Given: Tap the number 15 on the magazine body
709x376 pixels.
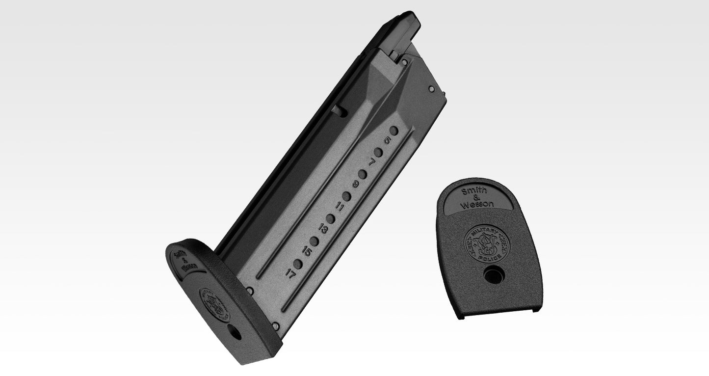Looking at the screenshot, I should click(307, 252).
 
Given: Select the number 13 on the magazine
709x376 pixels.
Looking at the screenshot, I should click(323, 229).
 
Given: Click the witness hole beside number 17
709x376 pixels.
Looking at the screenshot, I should click(298, 263).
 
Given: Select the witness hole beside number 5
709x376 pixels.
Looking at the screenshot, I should click(394, 131).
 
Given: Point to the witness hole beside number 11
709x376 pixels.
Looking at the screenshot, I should click(346, 196).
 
